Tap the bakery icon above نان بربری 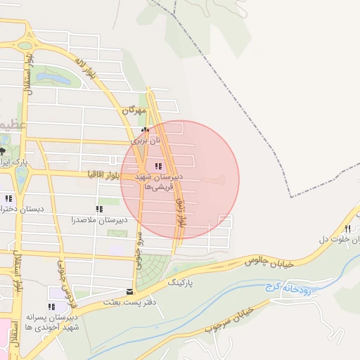tap(145, 130)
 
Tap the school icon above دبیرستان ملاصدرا tap(99, 209)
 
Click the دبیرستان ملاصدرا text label tap(99, 220)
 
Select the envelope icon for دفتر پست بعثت tap(129, 291)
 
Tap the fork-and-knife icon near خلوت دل tap(347, 229)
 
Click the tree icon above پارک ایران tap(2, 151)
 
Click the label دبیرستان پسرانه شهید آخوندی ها tap(51, 323)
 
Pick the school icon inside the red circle tap(157, 166)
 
